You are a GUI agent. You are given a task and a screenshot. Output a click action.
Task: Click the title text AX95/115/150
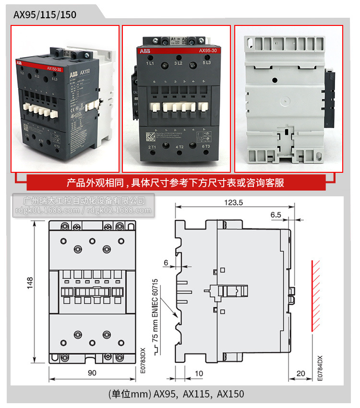[x=45, y=14]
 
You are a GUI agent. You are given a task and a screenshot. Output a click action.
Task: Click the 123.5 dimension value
[x=233, y=203]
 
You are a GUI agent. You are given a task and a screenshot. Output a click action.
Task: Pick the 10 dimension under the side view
[x=199, y=373]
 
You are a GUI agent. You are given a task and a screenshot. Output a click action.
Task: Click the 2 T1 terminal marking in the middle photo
[x=153, y=146]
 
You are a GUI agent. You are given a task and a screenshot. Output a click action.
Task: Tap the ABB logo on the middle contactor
[x=144, y=51]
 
